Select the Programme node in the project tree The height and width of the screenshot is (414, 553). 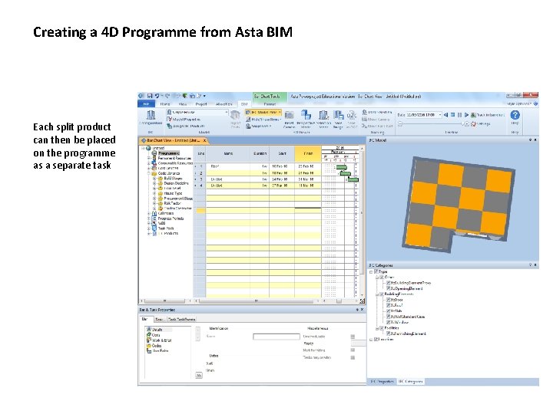[x=169, y=153]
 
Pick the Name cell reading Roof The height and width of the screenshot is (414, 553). [x=216, y=166]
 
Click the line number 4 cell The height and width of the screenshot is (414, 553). [x=201, y=185]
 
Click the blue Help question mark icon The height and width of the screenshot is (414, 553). [x=515, y=114]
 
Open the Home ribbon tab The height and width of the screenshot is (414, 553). [x=164, y=103]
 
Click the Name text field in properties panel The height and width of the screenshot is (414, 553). [x=276, y=336]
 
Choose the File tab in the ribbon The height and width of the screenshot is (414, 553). [x=144, y=103]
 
